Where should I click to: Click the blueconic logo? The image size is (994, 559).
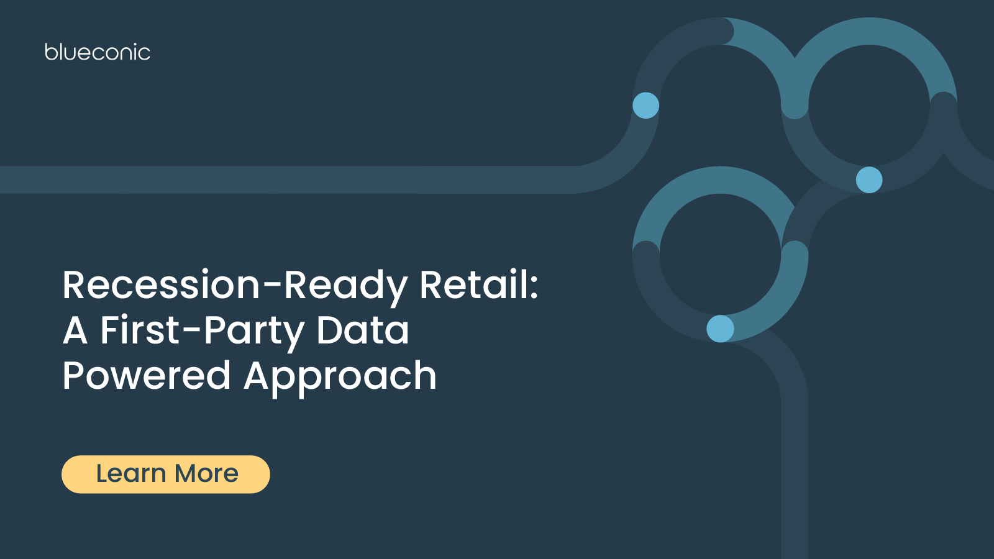[98, 52]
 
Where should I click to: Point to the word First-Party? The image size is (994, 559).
[202, 331]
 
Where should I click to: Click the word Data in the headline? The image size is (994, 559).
[363, 330]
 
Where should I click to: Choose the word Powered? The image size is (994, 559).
[147, 376]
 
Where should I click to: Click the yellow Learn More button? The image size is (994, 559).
[166, 475]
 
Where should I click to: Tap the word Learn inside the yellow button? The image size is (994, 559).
[131, 474]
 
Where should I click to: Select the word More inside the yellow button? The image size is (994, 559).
[207, 474]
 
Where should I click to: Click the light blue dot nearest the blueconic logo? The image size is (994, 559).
[645, 106]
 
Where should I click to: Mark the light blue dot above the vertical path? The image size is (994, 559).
[720, 329]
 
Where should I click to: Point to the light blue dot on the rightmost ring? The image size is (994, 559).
[869, 180]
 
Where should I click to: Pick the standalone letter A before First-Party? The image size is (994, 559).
[75, 330]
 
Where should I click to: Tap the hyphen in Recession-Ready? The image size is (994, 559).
[272, 286]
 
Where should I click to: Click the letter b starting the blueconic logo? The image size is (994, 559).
[50, 52]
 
